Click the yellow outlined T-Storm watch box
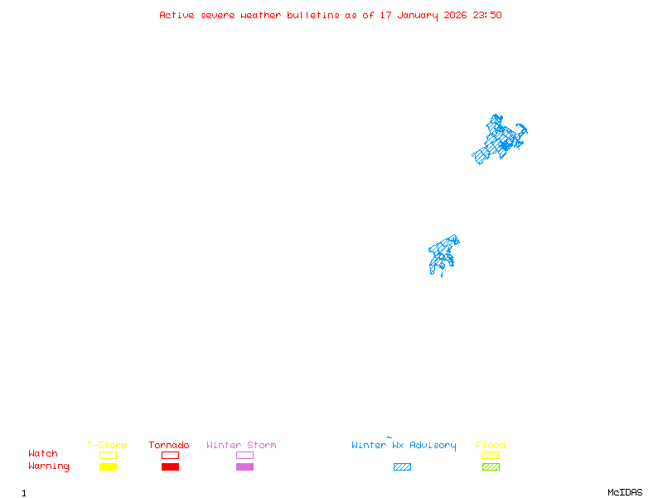tap(108, 455)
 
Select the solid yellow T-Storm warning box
tap(108, 466)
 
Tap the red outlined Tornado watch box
tap(170, 455)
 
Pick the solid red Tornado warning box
tap(170, 466)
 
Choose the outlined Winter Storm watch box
tap(244, 455)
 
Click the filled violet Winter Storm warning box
tap(244, 466)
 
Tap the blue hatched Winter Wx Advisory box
tap(402, 466)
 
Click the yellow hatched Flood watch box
tap(491, 455)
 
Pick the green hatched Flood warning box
tap(491, 466)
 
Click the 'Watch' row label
tap(43, 454)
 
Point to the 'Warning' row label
tap(49, 466)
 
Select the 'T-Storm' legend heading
tap(107, 446)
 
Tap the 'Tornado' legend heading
tap(169, 446)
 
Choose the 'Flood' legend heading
tap(490, 446)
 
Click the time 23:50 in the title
tap(487, 15)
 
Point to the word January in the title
tap(419, 15)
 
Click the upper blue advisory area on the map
tap(500, 139)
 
